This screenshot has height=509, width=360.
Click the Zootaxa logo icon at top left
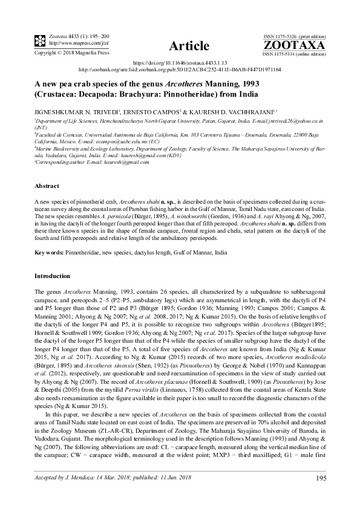click(24, 41)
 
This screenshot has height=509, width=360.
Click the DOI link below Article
click(180, 63)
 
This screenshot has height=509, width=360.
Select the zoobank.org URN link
click(180, 70)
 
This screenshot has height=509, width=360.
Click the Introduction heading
click(53, 276)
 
